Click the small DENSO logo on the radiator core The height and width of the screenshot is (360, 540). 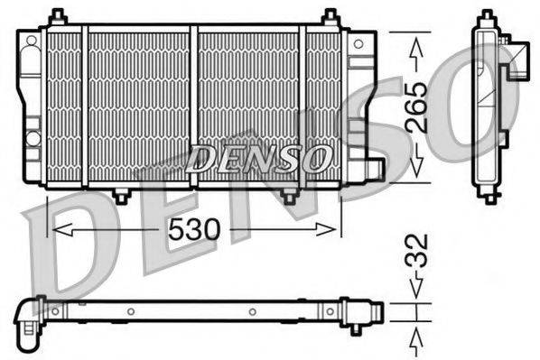257,160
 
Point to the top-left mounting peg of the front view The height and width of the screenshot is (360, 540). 57,17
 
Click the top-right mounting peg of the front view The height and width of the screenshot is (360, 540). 331,17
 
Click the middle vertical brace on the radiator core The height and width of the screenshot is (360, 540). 193,106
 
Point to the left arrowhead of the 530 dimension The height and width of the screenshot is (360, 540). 56,230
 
